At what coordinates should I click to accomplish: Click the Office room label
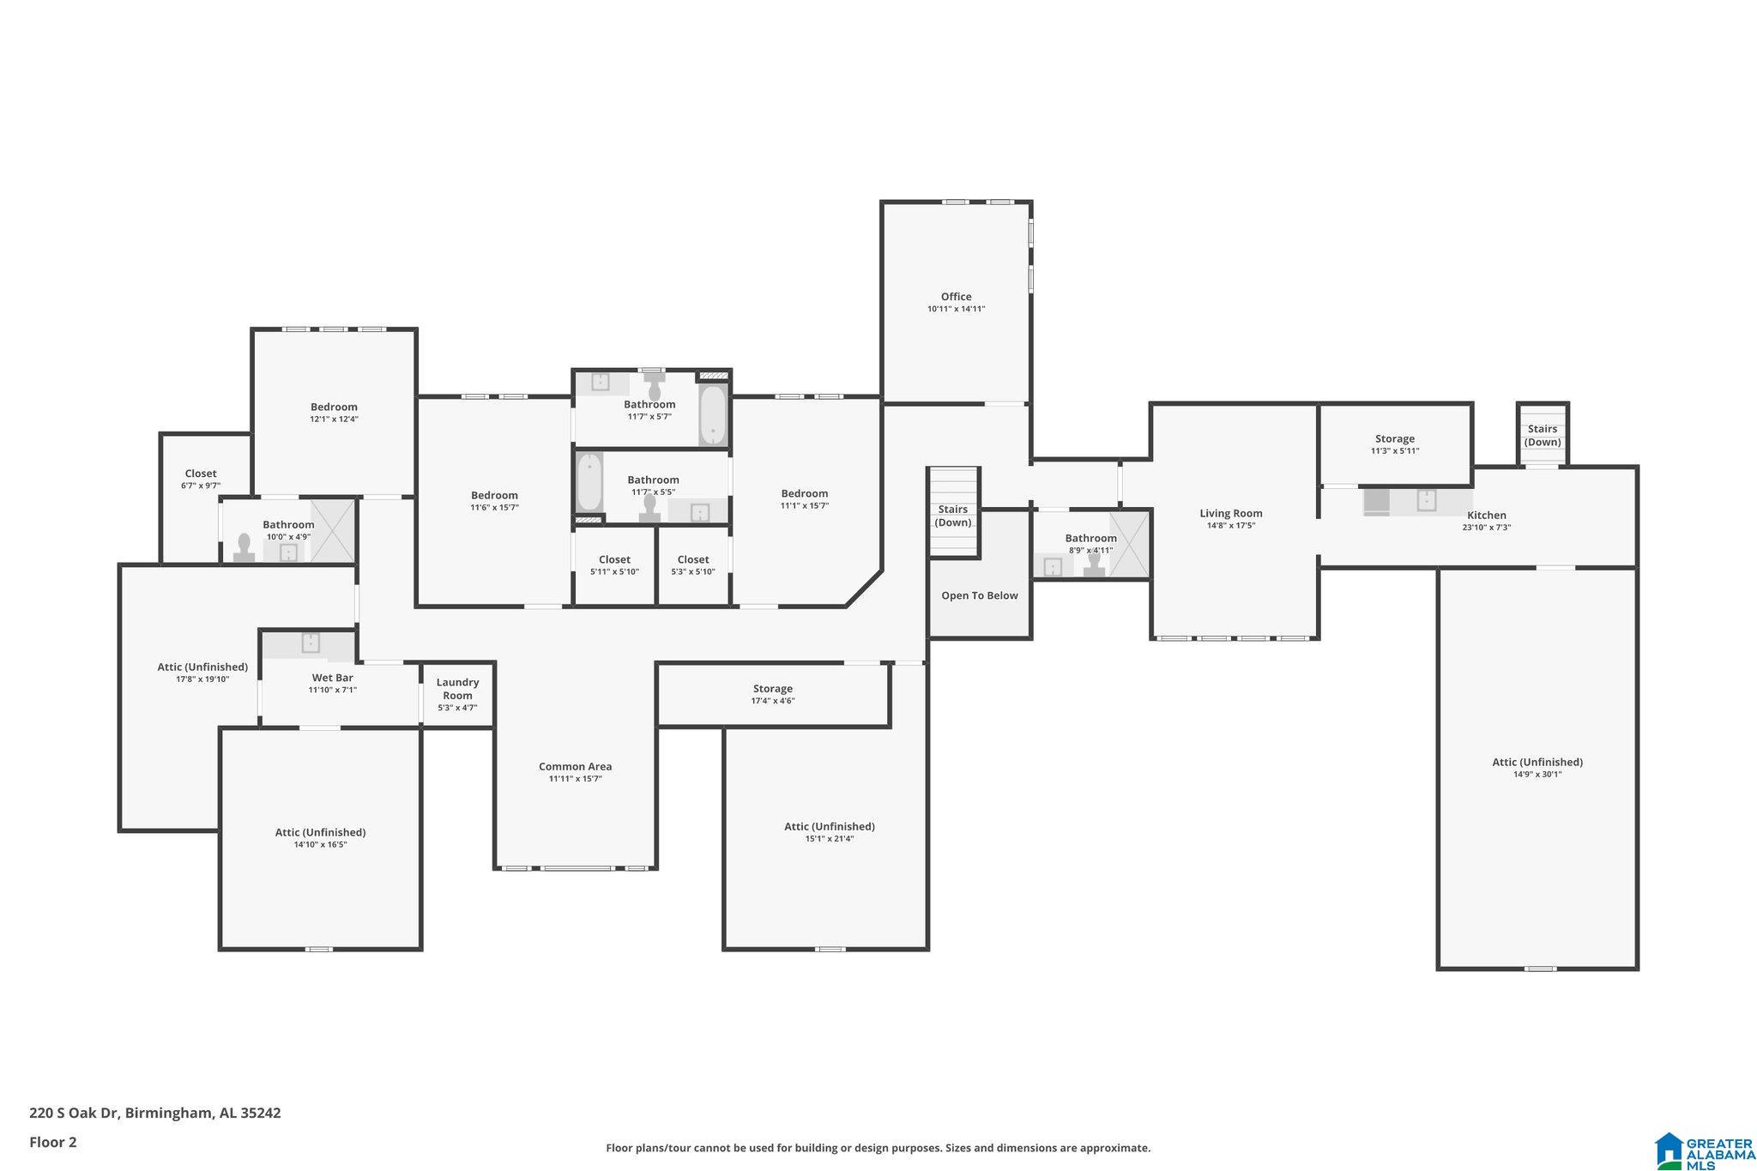956,297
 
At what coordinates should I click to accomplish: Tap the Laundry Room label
457,689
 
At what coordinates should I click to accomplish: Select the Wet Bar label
332,678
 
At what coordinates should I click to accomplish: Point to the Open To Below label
979,595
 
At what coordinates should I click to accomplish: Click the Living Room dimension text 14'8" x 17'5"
1230,526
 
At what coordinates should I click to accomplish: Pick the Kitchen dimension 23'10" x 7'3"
1486,528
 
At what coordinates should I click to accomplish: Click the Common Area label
575,767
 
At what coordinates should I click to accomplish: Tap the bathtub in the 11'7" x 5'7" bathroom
712,415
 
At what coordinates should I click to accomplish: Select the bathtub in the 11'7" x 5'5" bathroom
589,482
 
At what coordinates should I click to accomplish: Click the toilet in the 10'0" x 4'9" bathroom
244,548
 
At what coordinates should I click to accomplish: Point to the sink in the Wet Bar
311,643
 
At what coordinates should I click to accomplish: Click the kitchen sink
1426,500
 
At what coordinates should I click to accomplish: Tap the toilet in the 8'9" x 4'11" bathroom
1094,564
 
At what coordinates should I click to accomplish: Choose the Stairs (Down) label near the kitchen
1543,436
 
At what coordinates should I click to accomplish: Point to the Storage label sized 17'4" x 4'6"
772,689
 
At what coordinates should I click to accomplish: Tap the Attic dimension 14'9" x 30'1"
1537,774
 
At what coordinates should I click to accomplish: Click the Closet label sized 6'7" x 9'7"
201,474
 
